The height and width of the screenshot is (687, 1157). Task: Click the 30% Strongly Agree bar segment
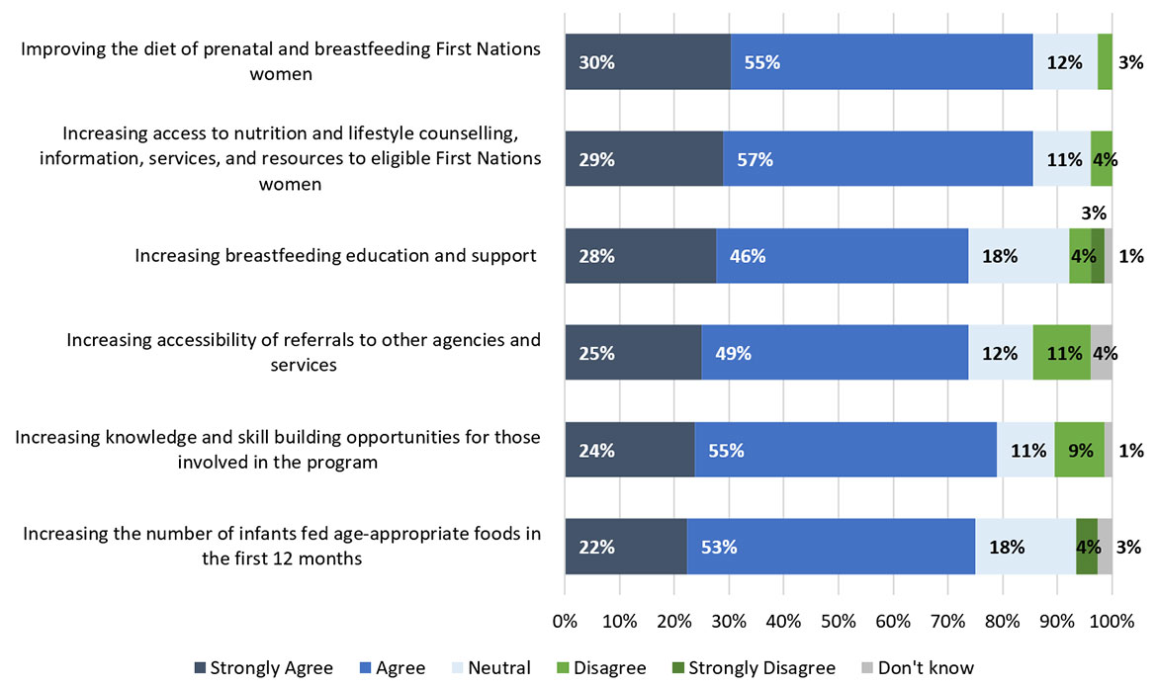click(647, 61)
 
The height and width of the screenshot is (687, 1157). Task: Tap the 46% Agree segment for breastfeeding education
click(842, 255)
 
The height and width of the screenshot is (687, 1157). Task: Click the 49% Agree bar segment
click(834, 352)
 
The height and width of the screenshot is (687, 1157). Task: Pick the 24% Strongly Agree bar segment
click(629, 449)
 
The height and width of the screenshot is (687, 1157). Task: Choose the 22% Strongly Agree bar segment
click(625, 546)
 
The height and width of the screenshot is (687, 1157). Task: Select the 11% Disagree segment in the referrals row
click(1061, 352)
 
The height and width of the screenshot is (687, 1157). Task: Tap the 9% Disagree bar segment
click(1079, 449)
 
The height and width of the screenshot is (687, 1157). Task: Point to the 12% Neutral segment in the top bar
click(1064, 61)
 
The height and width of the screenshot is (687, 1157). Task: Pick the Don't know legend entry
click(915, 668)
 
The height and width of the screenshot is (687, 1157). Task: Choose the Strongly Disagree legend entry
click(751, 668)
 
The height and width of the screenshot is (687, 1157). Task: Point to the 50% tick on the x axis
click(839, 623)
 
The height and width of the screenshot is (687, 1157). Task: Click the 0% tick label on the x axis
click(565, 623)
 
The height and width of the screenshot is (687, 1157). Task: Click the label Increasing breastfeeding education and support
click(335, 256)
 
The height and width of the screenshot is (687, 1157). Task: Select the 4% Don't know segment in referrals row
click(1101, 352)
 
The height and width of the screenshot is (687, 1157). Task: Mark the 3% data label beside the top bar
click(1131, 62)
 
